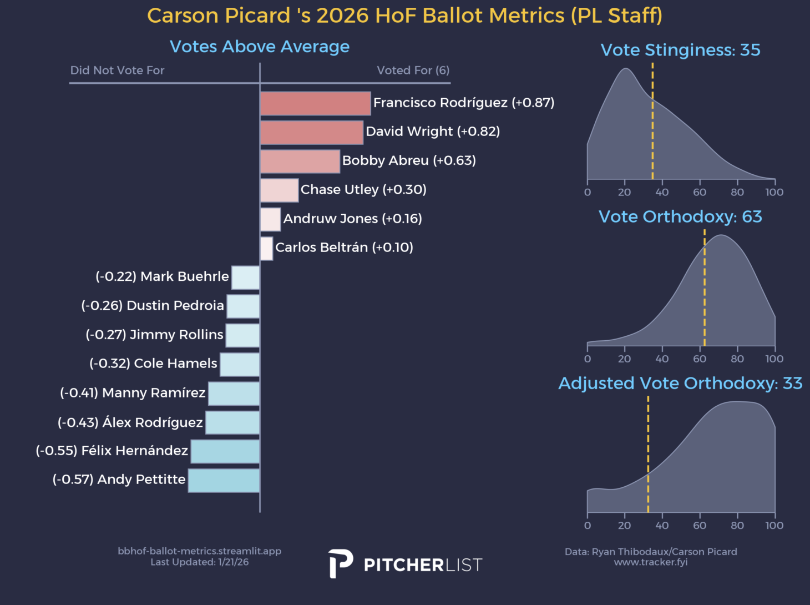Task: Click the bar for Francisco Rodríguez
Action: click(x=315, y=103)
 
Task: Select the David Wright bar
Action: click(x=311, y=132)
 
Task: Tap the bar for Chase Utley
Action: click(x=279, y=190)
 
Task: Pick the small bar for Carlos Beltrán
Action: click(x=266, y=248)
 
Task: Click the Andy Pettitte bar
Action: click(x=224, y=480)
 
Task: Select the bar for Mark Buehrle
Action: click(x=245, y=278)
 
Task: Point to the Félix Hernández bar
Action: click(x=225, y=451)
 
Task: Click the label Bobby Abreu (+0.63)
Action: click(x=409, y=160)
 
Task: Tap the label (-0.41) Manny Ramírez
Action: click(x=133, y=393)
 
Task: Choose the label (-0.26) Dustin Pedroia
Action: click(x=153, y=306)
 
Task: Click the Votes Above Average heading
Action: click(x=260, y=47)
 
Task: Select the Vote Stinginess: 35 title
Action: click(x=680, y=50)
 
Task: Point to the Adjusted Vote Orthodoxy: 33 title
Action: click(x=680, y=383)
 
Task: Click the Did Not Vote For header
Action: click(x=117, y=70)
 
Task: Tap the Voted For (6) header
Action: click(x=413, y=70)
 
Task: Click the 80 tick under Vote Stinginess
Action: click(x=737, y=192)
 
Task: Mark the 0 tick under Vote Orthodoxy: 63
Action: click(x=588, y=359)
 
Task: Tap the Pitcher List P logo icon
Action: click(x=340, y=563)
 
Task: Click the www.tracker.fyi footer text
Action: click(x=651, y=562)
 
